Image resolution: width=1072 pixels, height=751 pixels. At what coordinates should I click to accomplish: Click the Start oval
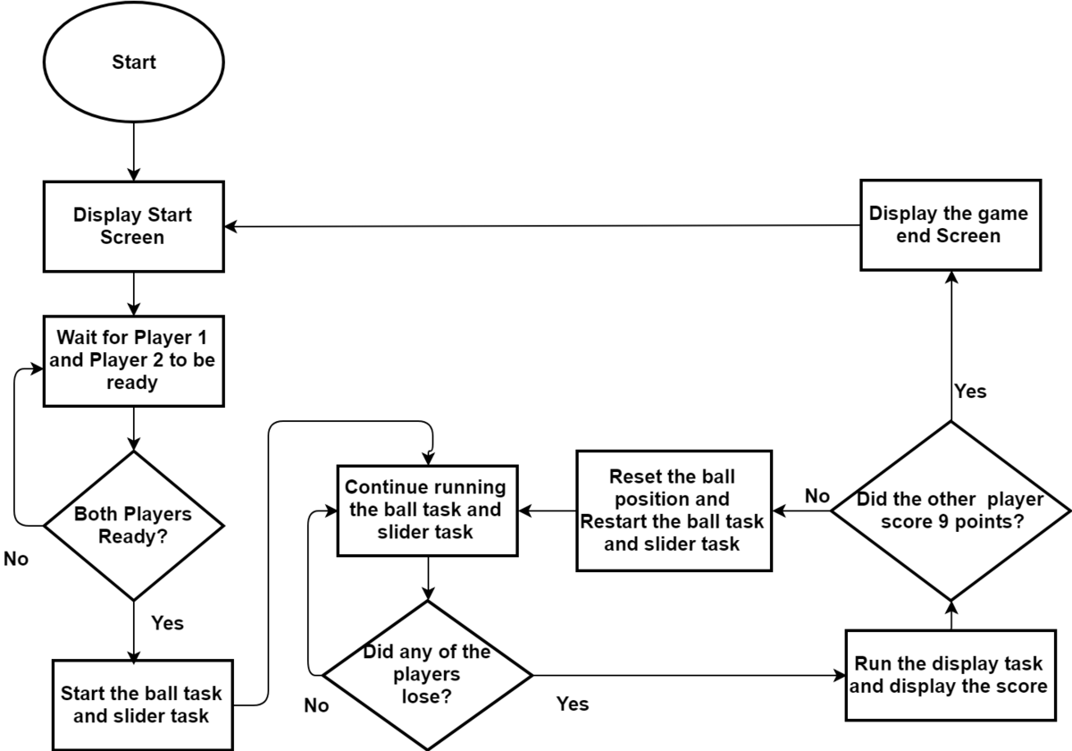pos(133,62)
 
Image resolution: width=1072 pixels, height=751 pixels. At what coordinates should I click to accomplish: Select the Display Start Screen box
pos(133,226)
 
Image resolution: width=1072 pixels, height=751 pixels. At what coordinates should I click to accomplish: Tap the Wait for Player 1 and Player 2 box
pos(133,361)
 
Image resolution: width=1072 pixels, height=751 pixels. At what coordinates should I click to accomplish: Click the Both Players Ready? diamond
pos(133,526)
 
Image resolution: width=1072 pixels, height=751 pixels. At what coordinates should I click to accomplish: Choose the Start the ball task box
pos(143,705)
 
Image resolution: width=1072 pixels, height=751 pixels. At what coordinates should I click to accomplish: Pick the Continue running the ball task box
pos(427,511)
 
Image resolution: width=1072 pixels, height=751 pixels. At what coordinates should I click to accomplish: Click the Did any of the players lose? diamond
pos(427,675)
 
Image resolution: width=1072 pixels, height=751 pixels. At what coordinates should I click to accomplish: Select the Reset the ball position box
pos(674,511)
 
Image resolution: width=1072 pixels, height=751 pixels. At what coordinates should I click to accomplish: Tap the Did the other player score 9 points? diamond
pos(951,511)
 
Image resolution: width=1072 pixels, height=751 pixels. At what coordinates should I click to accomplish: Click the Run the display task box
pos(951,675)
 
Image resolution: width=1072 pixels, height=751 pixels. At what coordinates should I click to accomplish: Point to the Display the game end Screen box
pos(951,225)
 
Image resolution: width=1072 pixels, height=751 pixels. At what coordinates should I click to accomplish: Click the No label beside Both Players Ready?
pos(16,559)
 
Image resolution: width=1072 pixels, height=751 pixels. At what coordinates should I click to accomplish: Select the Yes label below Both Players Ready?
pos(168,623)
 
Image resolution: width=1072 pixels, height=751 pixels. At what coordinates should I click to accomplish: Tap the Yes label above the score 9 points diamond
pos(970,392)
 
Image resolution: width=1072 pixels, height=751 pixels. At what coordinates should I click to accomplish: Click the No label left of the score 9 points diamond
pos(817,496)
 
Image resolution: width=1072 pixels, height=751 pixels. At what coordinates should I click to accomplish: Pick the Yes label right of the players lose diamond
pos(573,705)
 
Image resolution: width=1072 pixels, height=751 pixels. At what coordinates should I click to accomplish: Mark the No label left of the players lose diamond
pos(316,705)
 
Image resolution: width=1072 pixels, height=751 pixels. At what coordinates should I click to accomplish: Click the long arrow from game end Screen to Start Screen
pos(542,225)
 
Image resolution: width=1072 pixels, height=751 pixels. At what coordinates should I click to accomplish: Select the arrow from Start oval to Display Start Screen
pos(133,151)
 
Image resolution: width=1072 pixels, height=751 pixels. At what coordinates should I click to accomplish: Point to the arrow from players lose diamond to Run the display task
pos(689,675)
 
